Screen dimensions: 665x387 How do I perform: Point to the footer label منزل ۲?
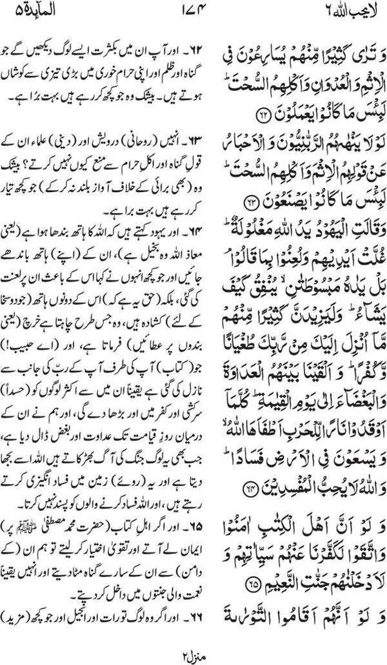tap(193, 653)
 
